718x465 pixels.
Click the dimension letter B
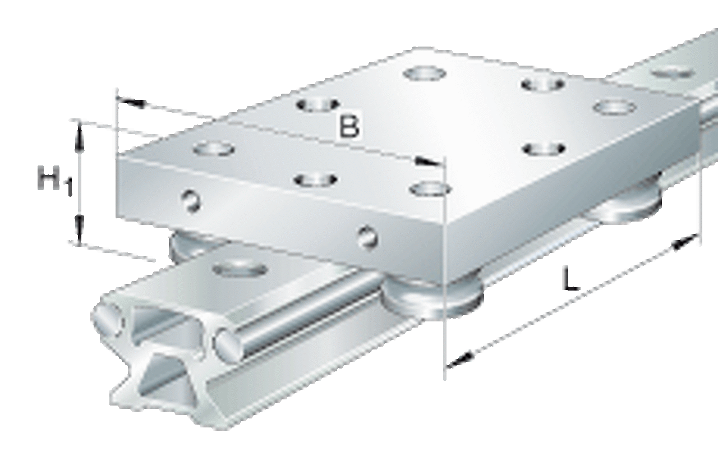[349, 125]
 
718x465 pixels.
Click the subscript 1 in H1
[68, 188]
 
